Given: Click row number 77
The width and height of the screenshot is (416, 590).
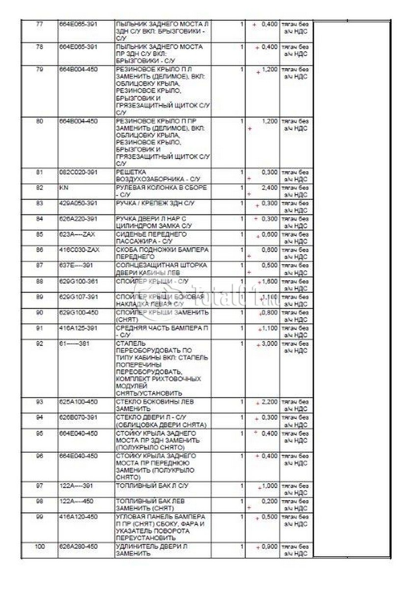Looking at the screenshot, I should (x=40, y=24).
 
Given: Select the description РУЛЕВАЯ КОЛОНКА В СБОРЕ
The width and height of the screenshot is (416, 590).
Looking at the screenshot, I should (x=161, y=188).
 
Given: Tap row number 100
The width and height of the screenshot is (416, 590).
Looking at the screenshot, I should (x=40, y=546).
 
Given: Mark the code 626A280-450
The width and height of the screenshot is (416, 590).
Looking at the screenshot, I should (x=78, y=546).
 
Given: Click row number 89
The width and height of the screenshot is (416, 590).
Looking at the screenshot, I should (x=40, y=297).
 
